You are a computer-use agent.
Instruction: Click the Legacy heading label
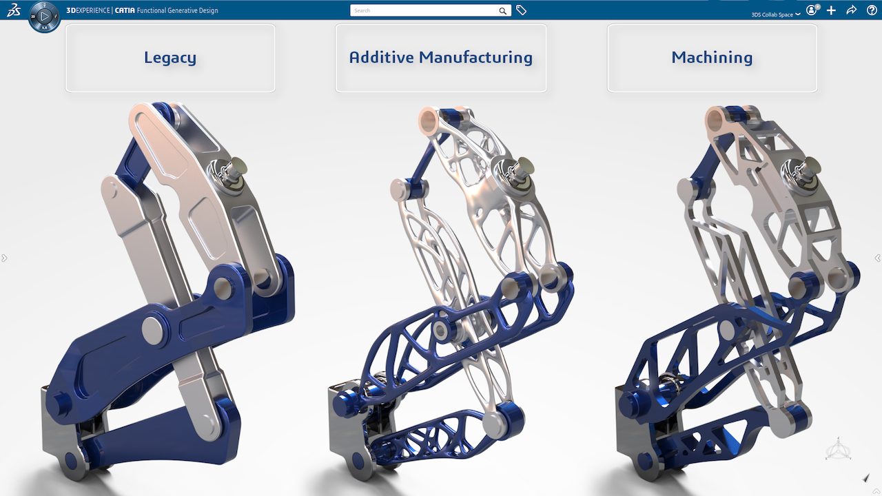point(170,58)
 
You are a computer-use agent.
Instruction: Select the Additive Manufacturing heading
point(440,58)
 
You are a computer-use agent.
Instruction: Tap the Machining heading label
point(712,58)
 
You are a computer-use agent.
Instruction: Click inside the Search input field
point(424,10)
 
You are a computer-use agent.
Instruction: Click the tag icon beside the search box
point(522,10)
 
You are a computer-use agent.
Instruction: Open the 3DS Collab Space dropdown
point(775,14)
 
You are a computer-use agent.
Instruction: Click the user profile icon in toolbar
point(812,10)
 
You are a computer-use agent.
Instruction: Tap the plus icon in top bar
point(831,10)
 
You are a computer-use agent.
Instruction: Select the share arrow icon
point(851,10)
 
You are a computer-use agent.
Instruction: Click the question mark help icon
point(872,10)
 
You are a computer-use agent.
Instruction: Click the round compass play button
point(44,16)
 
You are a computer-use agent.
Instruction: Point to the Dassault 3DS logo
point(13,10)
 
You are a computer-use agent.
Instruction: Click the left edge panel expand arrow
point(4,258)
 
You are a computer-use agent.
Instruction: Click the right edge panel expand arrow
point(877,258)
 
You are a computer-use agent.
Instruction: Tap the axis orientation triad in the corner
point(838,449)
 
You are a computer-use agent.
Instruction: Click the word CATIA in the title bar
point(125,10)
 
